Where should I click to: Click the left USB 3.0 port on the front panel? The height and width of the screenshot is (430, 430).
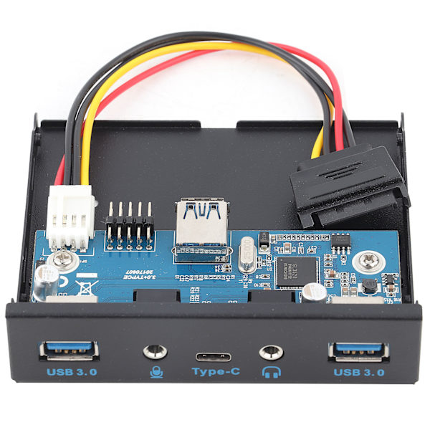tap(68, 350)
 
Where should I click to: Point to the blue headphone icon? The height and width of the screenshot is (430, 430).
tap(270, 372)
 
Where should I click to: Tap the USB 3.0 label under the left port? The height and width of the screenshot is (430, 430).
tap(71, 372)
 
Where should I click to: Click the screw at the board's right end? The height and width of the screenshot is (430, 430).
tap(371, 261)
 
